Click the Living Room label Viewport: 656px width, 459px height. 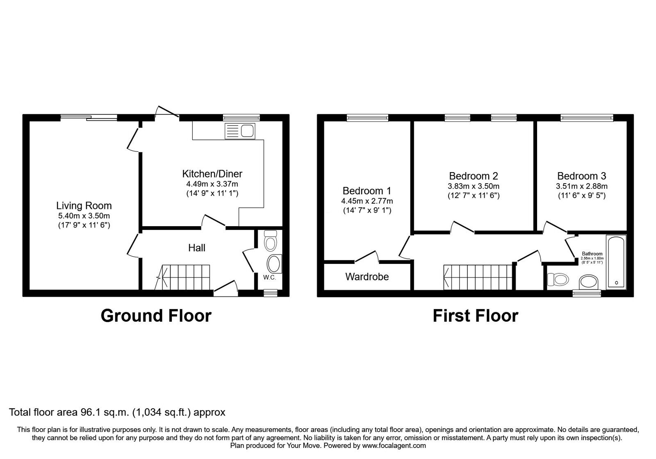pos(84,206)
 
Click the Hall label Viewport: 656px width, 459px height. pos(197,248)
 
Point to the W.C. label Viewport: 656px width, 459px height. pos(269,277)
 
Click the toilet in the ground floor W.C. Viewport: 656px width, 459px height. pos(271,241)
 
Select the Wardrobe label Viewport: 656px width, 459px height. pos(367,277)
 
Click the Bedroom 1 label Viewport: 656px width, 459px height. pos(367,191)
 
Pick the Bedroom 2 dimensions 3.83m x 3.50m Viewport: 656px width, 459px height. pos(474,186)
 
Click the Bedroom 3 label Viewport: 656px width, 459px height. pos(581,176)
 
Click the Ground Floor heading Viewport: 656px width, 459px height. pos(156,316)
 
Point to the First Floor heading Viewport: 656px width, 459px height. pos(475,316)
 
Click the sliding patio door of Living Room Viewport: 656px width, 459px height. pos(89,118)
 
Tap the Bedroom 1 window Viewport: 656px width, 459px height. pos(367,118)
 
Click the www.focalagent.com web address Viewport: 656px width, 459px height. pos(394,445)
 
